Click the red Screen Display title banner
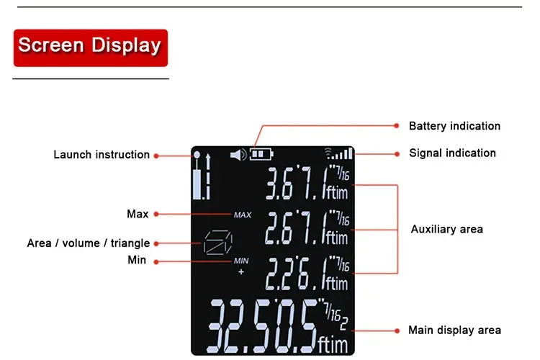point(90,46)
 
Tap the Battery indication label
point(454,126)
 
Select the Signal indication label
point(452,153)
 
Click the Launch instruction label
point(102,155)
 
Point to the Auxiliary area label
point(446,229)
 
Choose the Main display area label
point(454,330)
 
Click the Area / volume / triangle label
point(89,243)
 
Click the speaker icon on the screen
point(238,153)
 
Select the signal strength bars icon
point(340,153)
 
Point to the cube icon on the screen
point(214,243)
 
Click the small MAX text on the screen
point(242,215)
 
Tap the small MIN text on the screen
point(241,261)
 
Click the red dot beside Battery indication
point(396,125)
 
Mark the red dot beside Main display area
point(396,330)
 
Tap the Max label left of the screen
point(138,214)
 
